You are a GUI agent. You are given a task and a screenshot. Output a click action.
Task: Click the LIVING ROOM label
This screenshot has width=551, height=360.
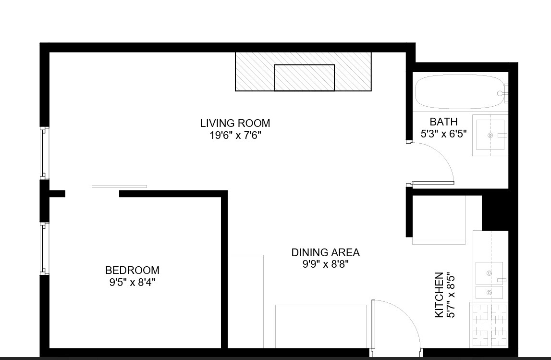(x=235, y=124)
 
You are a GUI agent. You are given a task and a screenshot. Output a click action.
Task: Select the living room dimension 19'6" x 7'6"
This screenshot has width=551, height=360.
(x=235, y=136)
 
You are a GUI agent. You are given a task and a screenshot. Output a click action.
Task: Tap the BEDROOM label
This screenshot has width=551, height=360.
(x=132, y=270)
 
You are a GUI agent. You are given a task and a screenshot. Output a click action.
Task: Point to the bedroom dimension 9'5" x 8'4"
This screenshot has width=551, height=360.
(x=132, y=282)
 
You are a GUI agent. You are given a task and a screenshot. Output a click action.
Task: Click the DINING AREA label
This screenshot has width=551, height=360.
(x=325, y=252)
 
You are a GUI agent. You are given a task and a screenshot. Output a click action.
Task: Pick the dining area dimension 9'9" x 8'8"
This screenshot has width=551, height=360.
(x=325, y=264)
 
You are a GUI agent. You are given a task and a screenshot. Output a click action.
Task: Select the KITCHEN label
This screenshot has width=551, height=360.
(x=439, y=295)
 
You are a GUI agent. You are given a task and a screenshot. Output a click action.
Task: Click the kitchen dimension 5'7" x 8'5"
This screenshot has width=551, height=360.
(x=451, y=296)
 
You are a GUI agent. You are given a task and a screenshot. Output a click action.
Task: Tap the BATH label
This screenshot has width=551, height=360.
(x=443, y=122)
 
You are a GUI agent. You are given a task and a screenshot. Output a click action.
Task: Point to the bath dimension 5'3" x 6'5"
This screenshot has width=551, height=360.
(x=443, y=134)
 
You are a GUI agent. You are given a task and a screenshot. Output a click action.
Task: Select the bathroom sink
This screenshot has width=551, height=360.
(x=490, y=136)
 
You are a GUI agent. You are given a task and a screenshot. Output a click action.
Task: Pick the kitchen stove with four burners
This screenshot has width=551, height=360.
(x=490, y=325)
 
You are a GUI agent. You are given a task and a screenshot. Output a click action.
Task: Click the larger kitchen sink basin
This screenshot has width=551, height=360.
(x=489, y=273)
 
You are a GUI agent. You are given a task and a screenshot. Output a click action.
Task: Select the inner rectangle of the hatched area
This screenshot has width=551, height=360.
(x=304, y=77)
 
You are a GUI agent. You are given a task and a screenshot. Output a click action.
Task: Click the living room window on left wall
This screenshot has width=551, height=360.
(x=44, y=153)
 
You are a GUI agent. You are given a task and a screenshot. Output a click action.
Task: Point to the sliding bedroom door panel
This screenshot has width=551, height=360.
(x=119, y=186)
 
